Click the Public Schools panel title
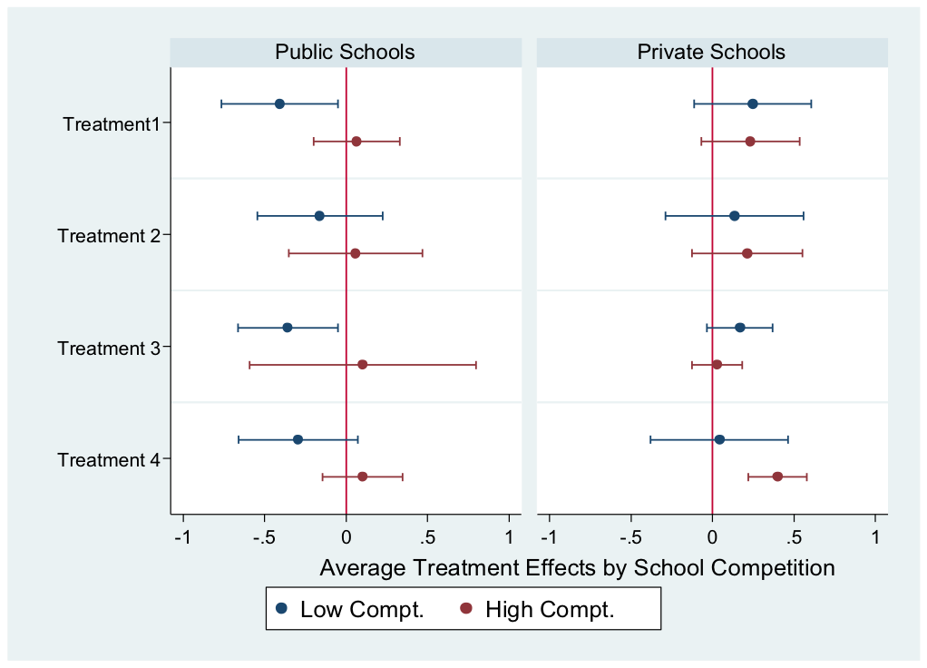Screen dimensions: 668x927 click(345, 52)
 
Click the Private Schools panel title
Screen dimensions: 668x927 click(711, 52)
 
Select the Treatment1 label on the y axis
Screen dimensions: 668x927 click(111, 123)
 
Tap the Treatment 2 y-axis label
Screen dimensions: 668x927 click(108, 236)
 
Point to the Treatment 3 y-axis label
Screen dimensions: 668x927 click(108, 348)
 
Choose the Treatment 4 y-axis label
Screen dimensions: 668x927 click(108, 459)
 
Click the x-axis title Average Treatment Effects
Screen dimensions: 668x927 click(577, 568)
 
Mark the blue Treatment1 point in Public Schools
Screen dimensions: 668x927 click(279, 103)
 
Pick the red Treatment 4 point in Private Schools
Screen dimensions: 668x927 click(777, 476)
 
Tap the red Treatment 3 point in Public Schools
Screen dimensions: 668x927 click(363, 365)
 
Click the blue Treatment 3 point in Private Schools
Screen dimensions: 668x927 click(740, 328)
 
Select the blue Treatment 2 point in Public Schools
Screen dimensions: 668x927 click(319, 216)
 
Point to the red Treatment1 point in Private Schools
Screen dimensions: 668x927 click(750, 142)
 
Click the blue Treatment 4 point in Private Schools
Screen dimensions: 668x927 click(719, 439)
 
